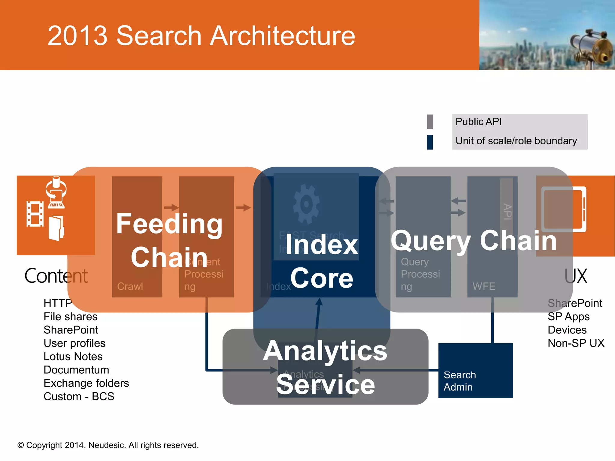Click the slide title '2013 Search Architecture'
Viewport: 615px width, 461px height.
click(x=201, y=36)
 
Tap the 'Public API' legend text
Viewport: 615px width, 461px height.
click(x=478, y=122)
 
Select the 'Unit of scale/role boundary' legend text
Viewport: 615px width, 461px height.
click(x=516, y=141)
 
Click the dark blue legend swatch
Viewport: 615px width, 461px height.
click(x=430, y=142)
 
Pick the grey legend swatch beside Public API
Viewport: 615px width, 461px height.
click(x=430, y=122)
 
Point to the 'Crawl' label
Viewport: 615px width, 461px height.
click(x=130, y=286)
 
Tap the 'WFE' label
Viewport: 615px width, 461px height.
click(x=484, y=286)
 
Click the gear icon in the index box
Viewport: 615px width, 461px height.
click(x=306, y=204)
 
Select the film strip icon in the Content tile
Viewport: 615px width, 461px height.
click(x=35, y=214)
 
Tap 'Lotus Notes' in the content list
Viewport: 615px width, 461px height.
click(x=73, y=357)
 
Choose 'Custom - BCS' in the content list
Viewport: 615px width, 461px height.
click(x=79, y=396)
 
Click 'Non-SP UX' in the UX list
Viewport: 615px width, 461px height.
click(x=576, y=343)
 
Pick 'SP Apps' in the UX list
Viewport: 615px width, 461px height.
click(x=568, y=317)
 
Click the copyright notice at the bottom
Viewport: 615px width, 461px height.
click(x=108, y=445)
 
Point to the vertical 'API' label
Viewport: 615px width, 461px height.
click(x=507, y=212)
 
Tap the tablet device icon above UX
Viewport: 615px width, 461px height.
click(x=564, y=209)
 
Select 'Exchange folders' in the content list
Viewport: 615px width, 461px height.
click(x=86, y=383)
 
